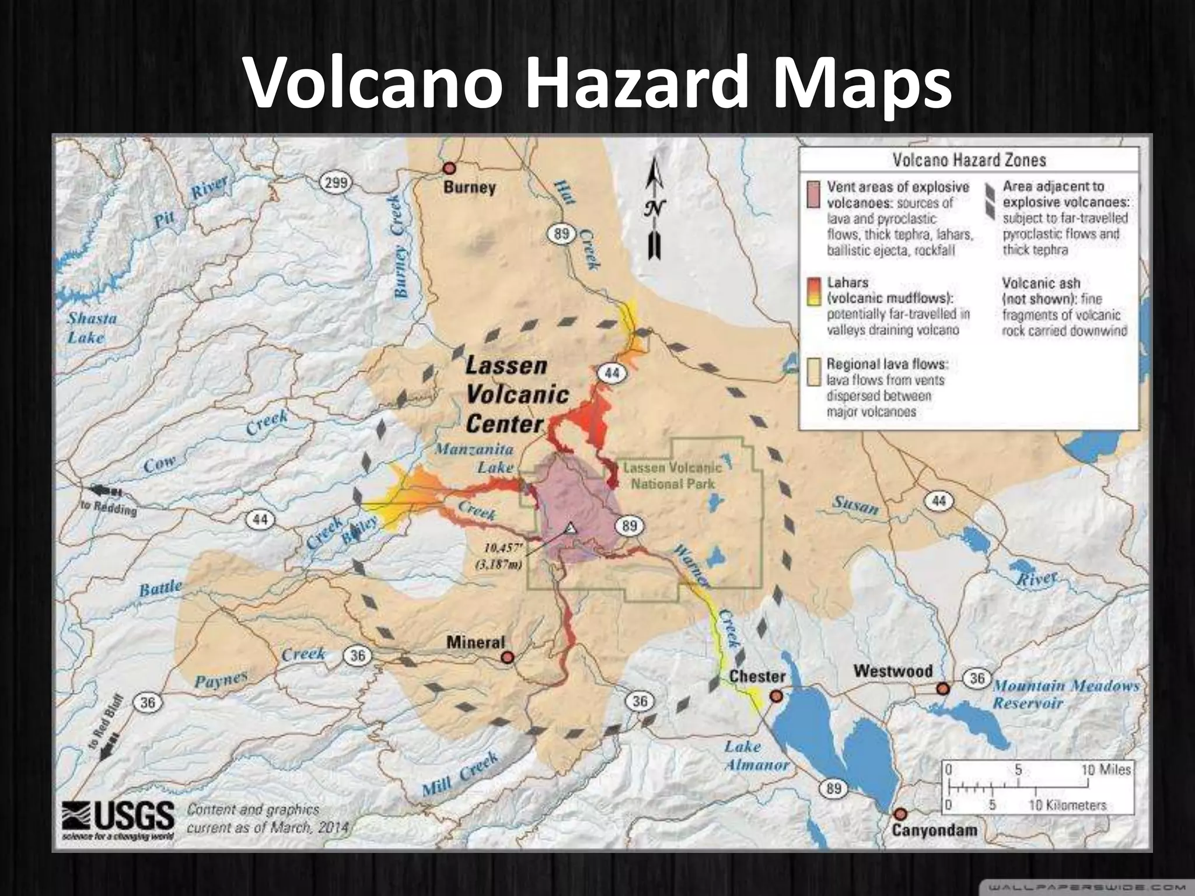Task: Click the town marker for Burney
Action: [x=449, y=169]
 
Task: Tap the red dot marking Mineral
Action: [x=508, y=657]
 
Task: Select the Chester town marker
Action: [x=775, y=696]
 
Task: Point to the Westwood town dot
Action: [x=942, y=689]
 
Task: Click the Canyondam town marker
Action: [x=900, y=814]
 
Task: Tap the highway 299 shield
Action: [x=336, y=183]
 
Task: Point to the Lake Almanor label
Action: [x=756, y=755]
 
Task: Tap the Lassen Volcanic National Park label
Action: [x=672, y=475]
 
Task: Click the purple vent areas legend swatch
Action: [x=813, y=195]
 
